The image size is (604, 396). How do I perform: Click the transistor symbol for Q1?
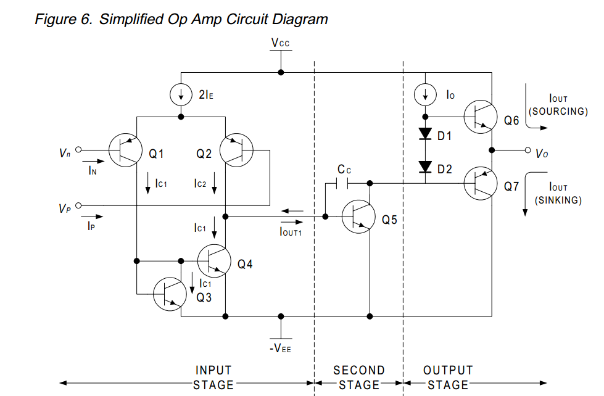coord(126,150)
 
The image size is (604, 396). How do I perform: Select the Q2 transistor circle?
coord(238,150)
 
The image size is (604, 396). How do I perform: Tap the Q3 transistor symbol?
coord(170,295)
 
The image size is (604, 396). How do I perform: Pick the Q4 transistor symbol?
coord(214,260)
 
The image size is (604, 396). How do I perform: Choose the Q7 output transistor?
coord(481,183)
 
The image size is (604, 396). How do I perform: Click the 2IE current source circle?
coord(181,95)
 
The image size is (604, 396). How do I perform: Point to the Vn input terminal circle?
coord(78,150)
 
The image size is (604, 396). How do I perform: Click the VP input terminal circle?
coord(78,205)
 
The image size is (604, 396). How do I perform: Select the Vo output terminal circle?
coord(527,150)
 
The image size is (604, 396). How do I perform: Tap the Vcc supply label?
coord(281,43)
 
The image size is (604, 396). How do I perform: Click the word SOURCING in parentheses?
coord(558,112)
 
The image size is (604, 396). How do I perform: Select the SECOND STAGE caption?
coord(359,377)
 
